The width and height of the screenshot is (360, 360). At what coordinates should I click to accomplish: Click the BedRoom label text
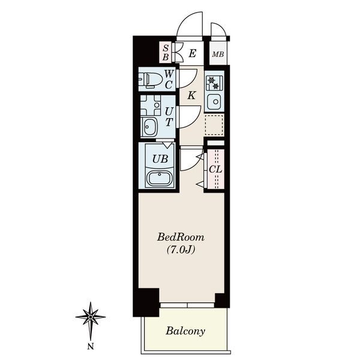tap(181, 237)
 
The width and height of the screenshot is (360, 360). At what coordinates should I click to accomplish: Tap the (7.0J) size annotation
tap(181, 250)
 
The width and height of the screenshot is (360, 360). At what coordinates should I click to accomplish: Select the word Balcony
tap(185, 331)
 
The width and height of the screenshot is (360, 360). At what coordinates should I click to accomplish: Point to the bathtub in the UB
tap(160, 178)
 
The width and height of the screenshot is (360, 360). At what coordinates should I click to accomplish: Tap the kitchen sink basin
tap(214, 101)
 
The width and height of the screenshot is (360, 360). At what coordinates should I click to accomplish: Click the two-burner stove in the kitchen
tap(214, 83)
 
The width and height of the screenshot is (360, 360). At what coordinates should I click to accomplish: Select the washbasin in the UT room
tap(149, 127)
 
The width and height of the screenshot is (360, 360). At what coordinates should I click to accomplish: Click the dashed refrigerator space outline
tap(214, 124)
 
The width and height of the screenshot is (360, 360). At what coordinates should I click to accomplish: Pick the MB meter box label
tap(218, 55)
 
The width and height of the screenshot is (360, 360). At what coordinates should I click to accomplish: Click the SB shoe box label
tap(166, 53)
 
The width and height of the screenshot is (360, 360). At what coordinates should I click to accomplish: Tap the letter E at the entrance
tap(193, 54)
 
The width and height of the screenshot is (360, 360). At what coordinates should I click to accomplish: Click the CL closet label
tap(215, 169)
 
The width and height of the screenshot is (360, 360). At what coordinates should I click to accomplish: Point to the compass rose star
tap(91, 317)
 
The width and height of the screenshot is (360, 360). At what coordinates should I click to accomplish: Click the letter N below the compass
tap(91, 346)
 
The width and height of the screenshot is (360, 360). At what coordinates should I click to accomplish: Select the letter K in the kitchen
tap(191, 95)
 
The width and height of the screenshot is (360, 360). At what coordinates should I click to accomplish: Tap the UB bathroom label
tap(160, 158)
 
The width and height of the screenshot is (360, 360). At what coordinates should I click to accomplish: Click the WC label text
tap(169, 79)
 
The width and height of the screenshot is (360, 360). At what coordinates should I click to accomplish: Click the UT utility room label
tap(169, 116)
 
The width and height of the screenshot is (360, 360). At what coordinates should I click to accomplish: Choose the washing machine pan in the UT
tap(151, 106)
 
